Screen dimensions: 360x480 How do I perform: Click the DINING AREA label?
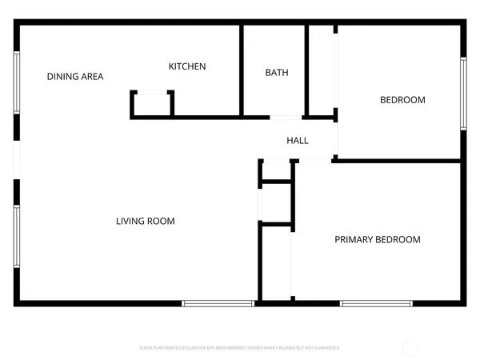click(75, 77)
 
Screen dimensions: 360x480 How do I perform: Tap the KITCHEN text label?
click(186, 66)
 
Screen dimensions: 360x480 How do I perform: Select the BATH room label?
click(277, 73)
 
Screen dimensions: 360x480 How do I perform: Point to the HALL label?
click(298, 141)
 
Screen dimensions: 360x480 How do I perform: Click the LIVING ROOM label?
click(145, 221)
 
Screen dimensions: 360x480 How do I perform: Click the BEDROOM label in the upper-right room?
click(402, 100)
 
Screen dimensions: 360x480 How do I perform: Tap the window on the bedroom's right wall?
click(462, 93)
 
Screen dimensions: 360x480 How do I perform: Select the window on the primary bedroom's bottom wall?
click(376, 303)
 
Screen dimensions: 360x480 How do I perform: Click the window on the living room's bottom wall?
click(218, 303)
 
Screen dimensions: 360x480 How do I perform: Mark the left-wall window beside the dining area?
click(16, 83)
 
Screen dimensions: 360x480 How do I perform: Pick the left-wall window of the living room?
click(16, 236)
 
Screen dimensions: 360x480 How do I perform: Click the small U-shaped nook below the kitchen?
click(152, 104)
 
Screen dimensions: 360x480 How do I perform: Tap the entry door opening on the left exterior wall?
click(16, 160)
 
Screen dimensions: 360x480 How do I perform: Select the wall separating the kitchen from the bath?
click(241, 70)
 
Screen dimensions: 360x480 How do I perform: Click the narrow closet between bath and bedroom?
click(322, 72)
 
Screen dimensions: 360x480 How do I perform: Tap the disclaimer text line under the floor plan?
click(240, 348)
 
